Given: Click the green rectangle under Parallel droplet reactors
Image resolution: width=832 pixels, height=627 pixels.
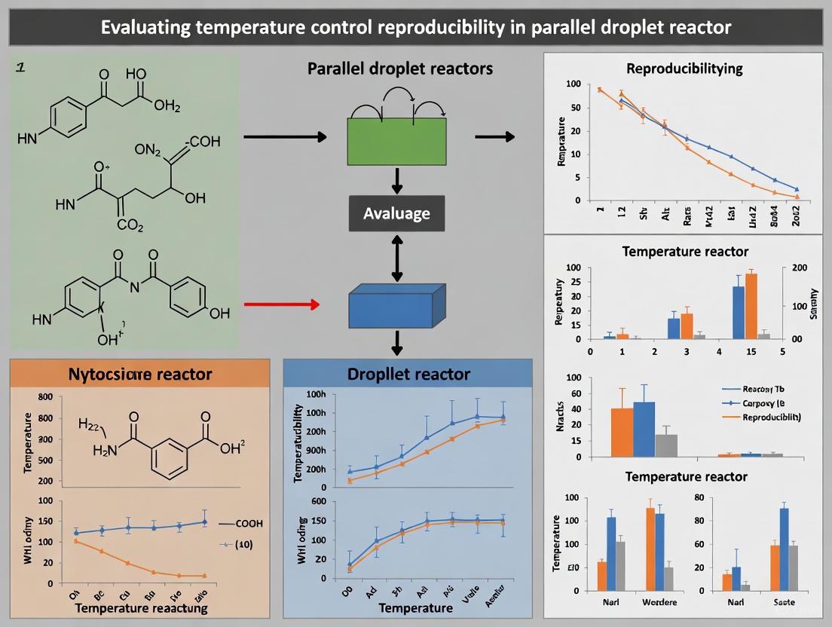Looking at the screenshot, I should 397,140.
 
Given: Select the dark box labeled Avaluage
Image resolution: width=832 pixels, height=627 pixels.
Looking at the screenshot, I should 396,213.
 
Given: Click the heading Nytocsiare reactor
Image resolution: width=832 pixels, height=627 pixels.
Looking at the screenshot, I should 140,374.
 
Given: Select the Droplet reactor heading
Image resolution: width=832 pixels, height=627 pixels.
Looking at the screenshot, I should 409,374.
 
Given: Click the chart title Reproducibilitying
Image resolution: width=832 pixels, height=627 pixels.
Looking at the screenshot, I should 684,69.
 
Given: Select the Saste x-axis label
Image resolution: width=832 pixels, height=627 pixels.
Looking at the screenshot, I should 783,602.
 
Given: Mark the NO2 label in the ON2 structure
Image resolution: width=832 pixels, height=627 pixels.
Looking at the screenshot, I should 148,150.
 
